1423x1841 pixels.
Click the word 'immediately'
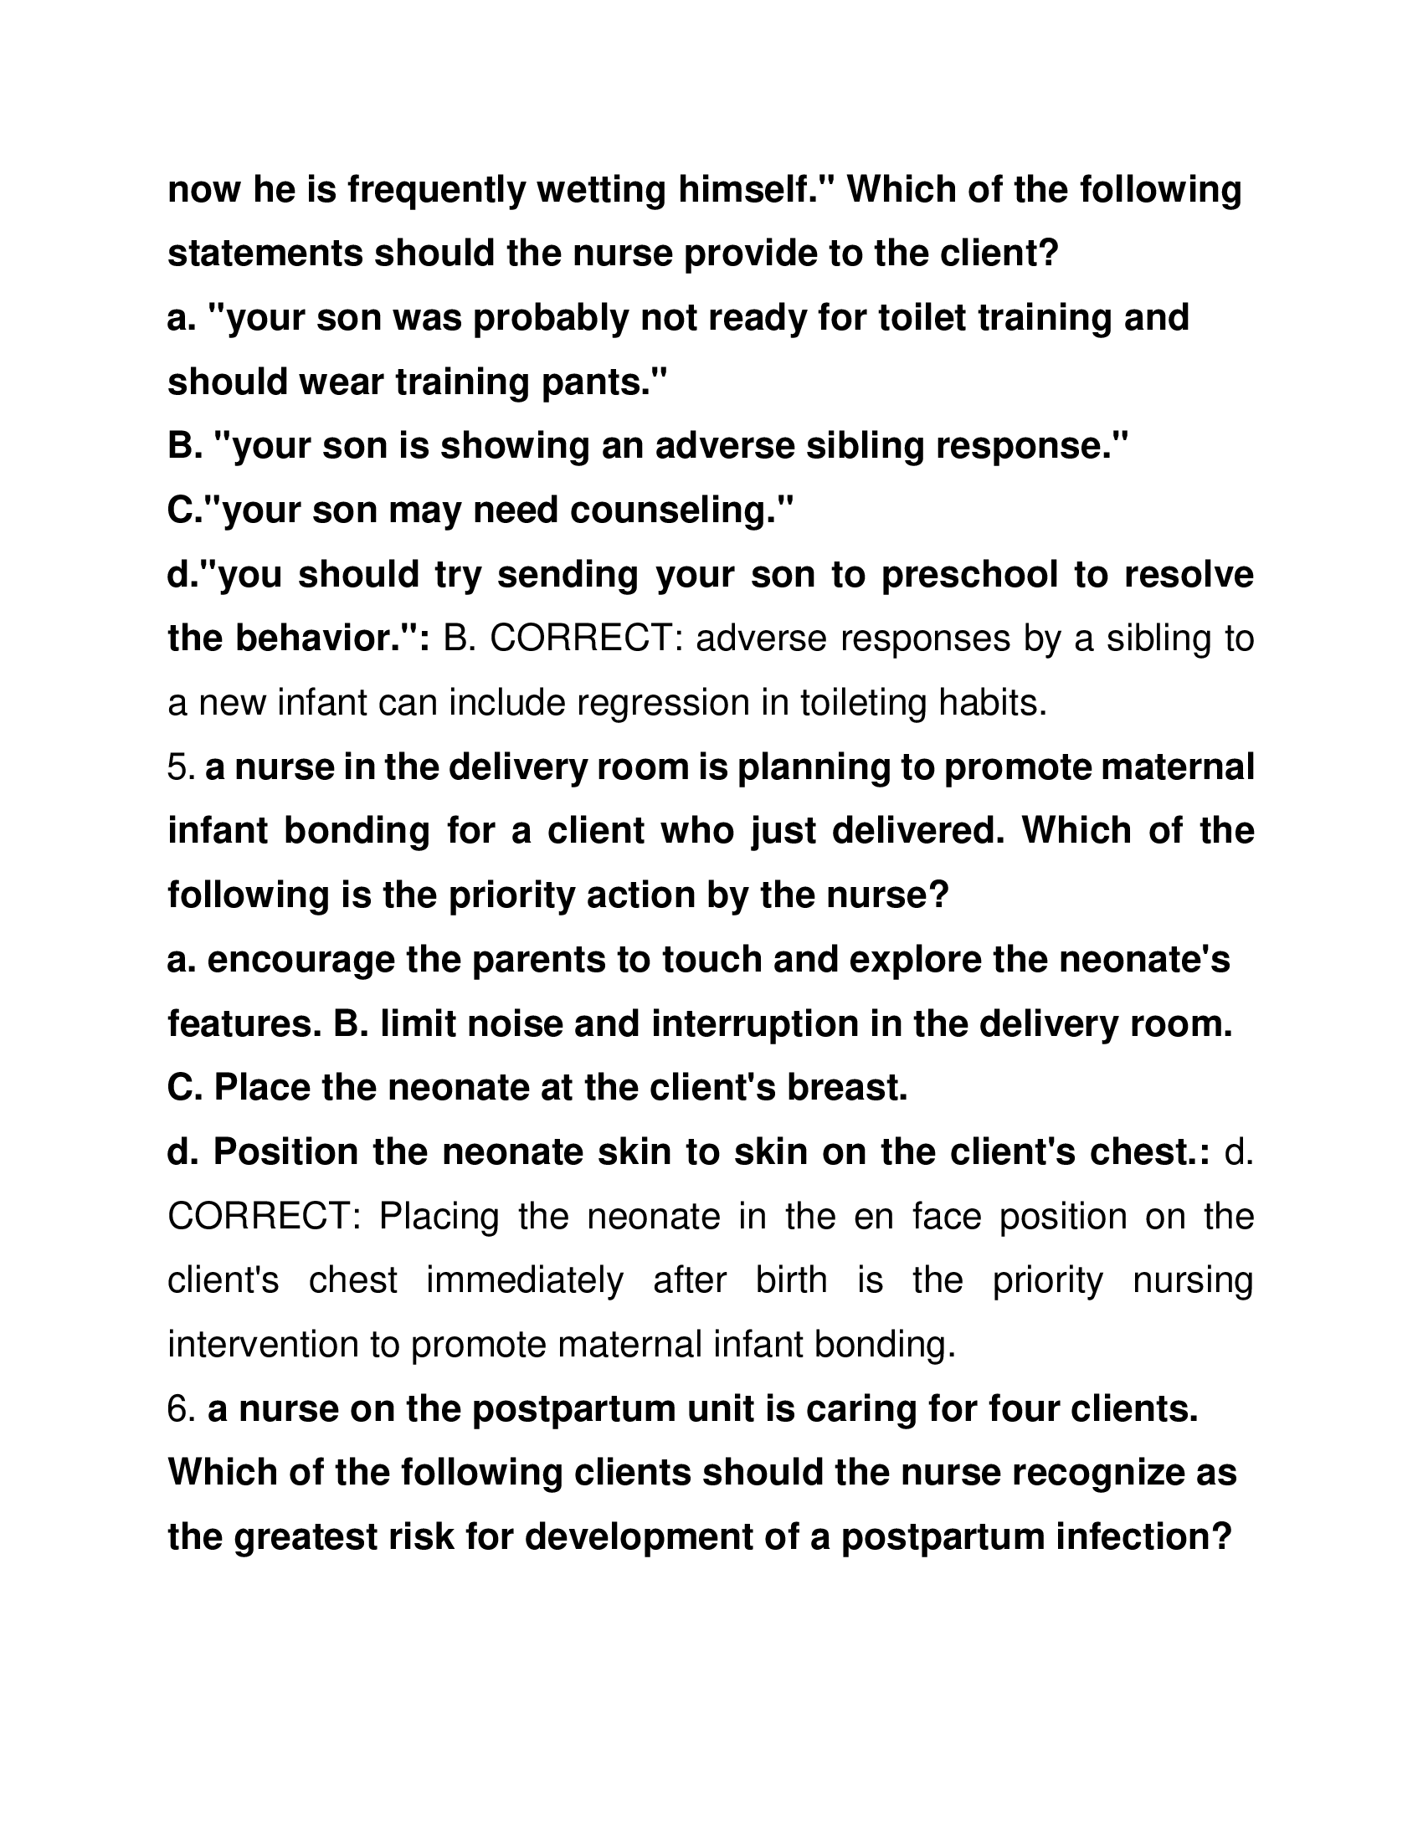(x=524, y=1280)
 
